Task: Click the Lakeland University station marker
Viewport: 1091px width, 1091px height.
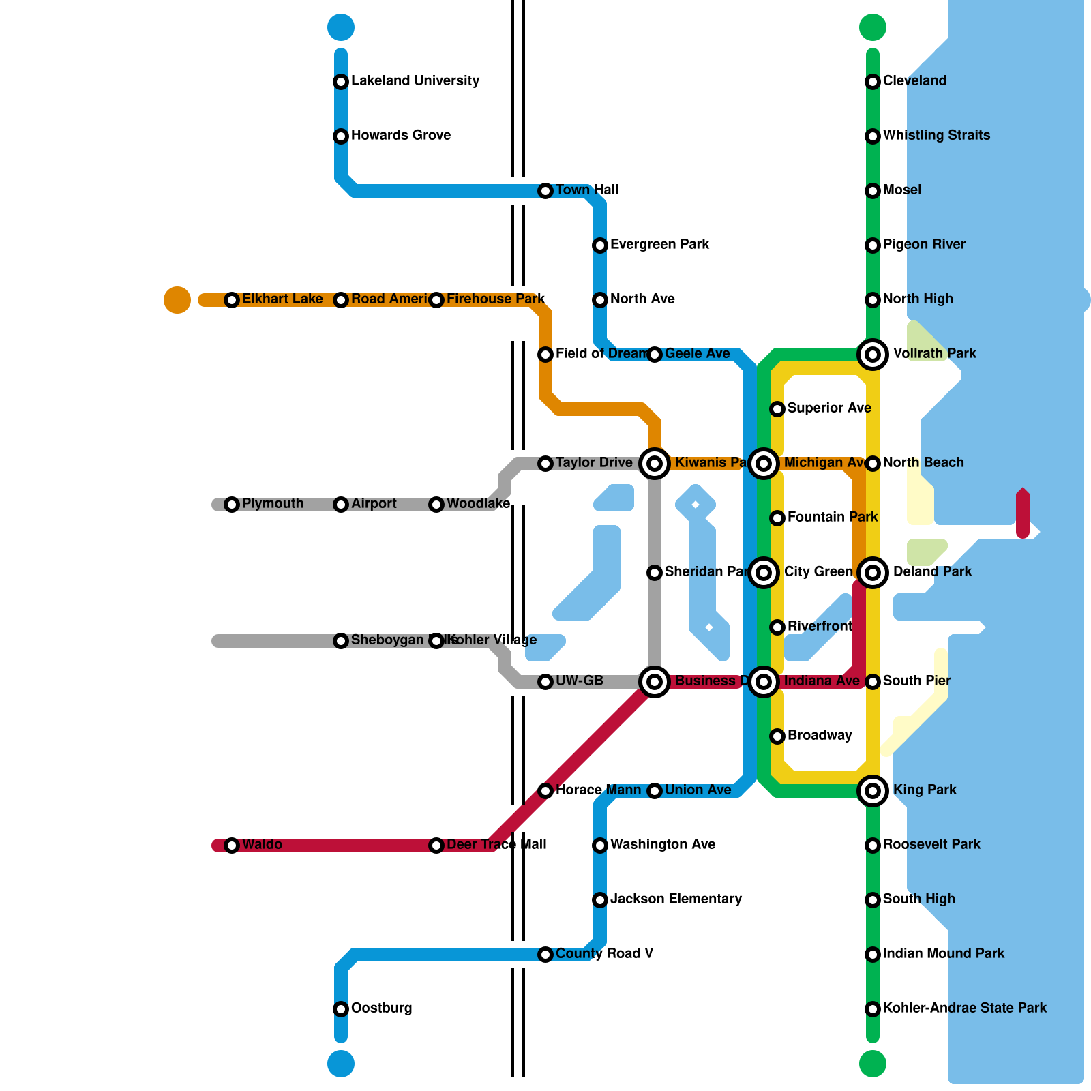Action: click(x=341, y=82)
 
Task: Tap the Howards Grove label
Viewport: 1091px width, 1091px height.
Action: click(x=400, y=135)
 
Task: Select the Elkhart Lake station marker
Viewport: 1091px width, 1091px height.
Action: click(x=232, y=300)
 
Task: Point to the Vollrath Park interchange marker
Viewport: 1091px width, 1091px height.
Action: click(x=873, y=355)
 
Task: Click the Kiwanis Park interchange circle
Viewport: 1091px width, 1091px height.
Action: click(x=655, y=464)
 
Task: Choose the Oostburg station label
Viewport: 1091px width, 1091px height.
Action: click(x=381, y=1008)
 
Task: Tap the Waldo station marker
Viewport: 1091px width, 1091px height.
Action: click(x=232, y=846)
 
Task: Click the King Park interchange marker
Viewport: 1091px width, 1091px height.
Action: click(x=873, y=791)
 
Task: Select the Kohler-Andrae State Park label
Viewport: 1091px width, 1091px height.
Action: click(x=964, y=1008)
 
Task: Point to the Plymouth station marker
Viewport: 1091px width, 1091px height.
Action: click(x=232, y=505)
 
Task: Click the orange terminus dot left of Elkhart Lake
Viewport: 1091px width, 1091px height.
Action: click(x=177, y=300)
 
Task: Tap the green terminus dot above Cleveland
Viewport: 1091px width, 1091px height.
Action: click(x=873, y=27)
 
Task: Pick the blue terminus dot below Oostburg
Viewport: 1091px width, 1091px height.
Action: click(x=341, y=1064)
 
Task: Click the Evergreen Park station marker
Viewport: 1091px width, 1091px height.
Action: click(x=600, y=245)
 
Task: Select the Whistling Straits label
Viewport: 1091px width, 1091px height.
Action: click(x=936, y=135)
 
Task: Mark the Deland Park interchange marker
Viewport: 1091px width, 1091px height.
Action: click(x=873, y=573)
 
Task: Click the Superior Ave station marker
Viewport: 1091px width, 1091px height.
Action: click(x=777, y=409)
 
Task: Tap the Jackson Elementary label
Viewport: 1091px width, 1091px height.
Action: click(x=676, y=899)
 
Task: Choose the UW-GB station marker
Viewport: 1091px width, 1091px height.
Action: click(x=545, y=682)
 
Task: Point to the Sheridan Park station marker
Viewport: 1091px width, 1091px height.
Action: click(x=655, y=573)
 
